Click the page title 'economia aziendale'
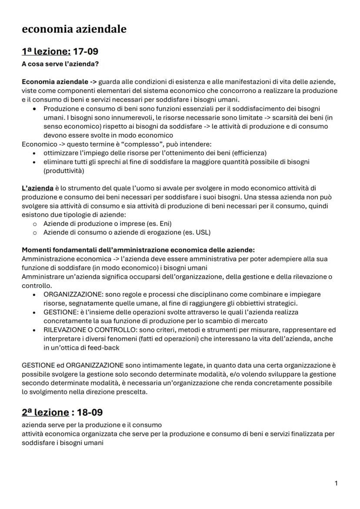74,29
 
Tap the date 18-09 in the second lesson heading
90,412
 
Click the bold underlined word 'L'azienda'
37,188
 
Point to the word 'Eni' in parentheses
163,223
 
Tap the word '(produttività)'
64,170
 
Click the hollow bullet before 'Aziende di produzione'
35,224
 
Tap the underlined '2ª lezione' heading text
45,412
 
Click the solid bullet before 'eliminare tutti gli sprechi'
35,162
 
